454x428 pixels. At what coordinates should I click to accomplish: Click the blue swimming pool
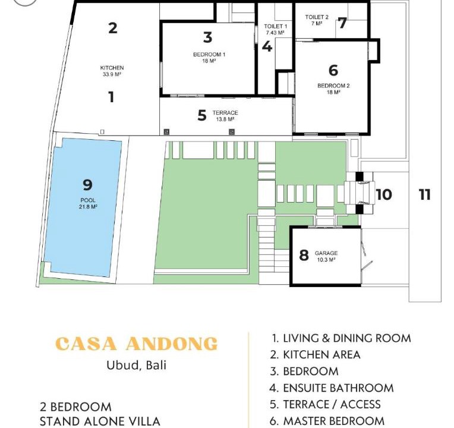83,207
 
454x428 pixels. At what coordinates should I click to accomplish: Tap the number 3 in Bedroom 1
207,37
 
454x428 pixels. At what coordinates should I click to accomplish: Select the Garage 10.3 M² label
326,256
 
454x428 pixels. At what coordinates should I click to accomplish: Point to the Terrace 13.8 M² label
225,116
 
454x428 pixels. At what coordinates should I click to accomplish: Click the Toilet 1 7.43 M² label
275,29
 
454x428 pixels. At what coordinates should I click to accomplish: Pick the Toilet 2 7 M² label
317,20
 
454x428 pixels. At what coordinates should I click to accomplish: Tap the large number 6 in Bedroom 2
333,70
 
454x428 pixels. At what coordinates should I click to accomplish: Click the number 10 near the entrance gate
384,194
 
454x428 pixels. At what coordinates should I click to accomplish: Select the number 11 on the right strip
425,194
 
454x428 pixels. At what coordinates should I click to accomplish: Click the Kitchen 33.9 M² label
112,71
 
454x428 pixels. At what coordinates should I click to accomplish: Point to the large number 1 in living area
111,97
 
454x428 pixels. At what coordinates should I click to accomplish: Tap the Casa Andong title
136,344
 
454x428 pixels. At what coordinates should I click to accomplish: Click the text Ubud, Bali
136,365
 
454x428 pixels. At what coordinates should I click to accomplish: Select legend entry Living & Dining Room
342,338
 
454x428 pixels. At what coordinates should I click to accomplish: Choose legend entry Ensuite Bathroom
332,388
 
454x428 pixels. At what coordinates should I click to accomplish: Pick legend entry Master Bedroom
327,421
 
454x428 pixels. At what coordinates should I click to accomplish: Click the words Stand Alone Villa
100,421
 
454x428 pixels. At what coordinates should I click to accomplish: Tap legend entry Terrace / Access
325,405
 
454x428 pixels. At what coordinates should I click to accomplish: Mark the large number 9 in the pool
87,185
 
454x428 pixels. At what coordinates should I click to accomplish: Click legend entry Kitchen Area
315,355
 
